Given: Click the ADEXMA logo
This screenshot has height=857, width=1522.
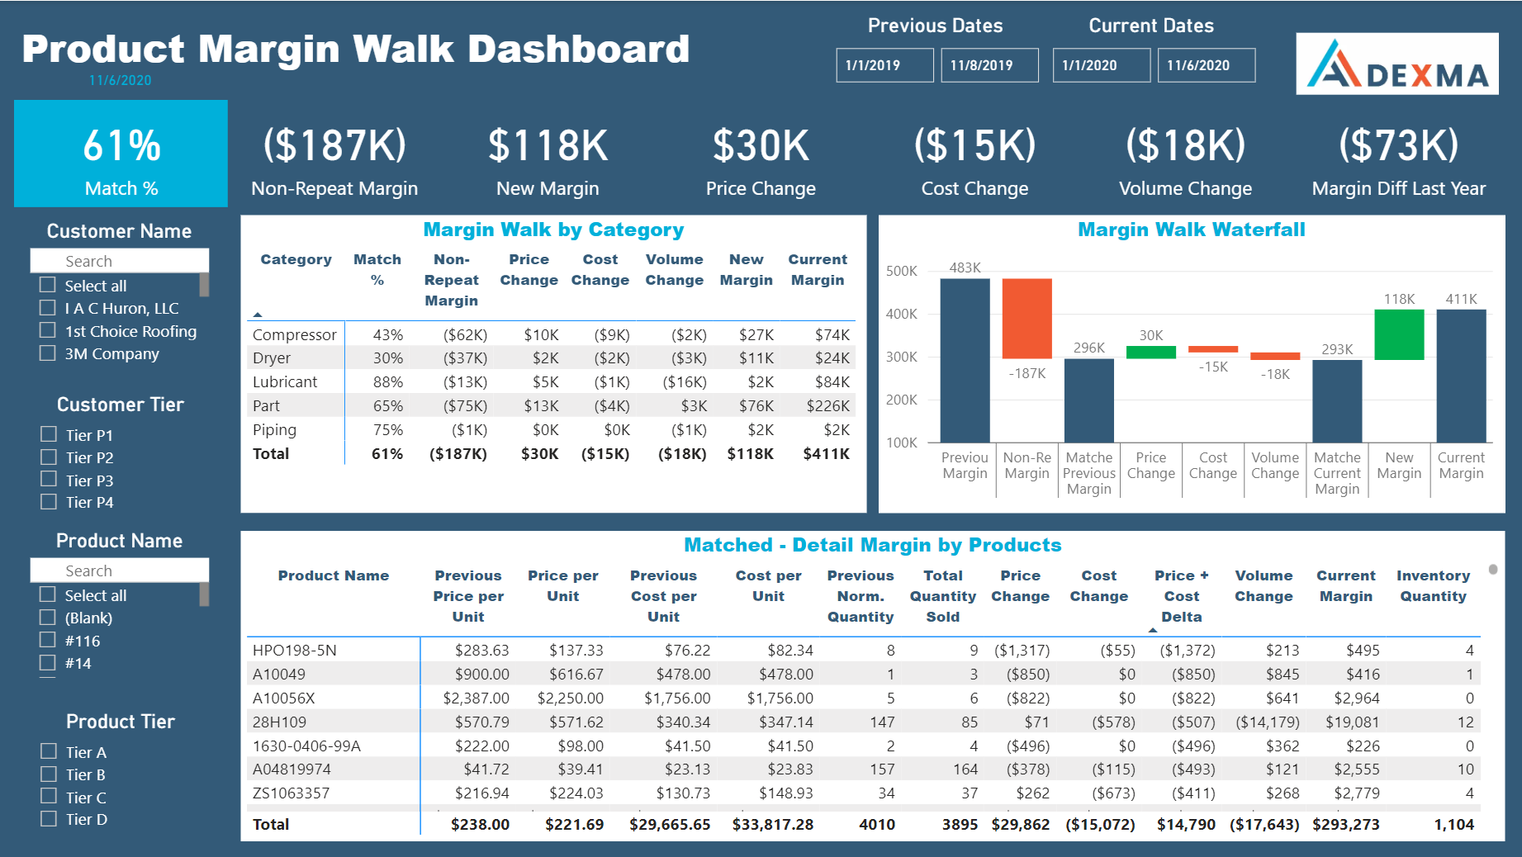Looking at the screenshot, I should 1396,64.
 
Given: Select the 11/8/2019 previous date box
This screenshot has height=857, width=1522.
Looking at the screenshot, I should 989,65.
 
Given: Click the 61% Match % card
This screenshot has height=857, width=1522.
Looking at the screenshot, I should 121,154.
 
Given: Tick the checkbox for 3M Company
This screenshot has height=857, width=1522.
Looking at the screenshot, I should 48,353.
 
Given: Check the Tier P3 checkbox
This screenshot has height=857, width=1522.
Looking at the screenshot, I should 49,480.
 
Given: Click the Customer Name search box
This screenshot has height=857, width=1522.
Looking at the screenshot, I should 120,261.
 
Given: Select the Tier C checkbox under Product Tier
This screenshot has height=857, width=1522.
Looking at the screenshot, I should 49,797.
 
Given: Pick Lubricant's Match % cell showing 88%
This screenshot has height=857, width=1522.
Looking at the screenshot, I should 387,381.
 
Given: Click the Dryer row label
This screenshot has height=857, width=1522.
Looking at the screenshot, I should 272,357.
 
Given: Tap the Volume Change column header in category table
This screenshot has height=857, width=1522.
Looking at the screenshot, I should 674,269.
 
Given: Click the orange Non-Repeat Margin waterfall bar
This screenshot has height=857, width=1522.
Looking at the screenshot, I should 1027,318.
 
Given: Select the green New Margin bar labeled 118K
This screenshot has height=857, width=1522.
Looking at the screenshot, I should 1399,334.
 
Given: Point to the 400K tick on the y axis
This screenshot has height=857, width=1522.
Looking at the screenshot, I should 901,314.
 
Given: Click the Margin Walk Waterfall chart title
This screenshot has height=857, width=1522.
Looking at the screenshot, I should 1191,230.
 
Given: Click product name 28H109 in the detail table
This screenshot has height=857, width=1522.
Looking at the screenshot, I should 279,722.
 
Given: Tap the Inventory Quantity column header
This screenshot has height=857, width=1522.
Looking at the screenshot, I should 1433,585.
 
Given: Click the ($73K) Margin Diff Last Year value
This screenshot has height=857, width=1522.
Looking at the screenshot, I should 1398,146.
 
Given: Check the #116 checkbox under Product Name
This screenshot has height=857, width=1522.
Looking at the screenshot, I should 48,640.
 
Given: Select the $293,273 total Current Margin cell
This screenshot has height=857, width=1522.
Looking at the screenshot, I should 1345,824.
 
